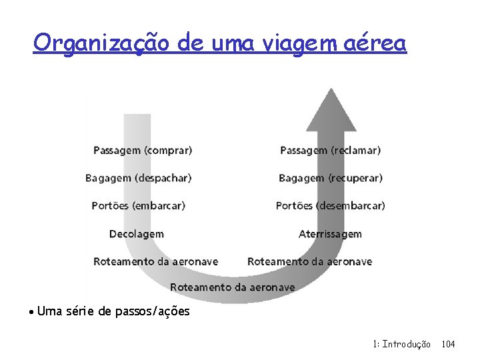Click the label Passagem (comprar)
click(x=143, y=151)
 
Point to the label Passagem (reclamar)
click(x=330, y=151)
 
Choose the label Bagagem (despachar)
click(x=138, y=178)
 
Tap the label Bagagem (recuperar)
click(x=330, y=178)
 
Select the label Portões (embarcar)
click(x=138, y=205)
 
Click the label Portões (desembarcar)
click(x=330, y=205)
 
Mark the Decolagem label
click(x=137, y=233)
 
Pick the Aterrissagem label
click(x=330, y=233)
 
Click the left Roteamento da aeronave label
click(x=155, y=261)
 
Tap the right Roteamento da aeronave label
click(x=309, y=261)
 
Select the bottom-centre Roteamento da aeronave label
click(x=232, y=287)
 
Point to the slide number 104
click(x=448, y=344)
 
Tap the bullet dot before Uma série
click(x=33, y=312)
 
